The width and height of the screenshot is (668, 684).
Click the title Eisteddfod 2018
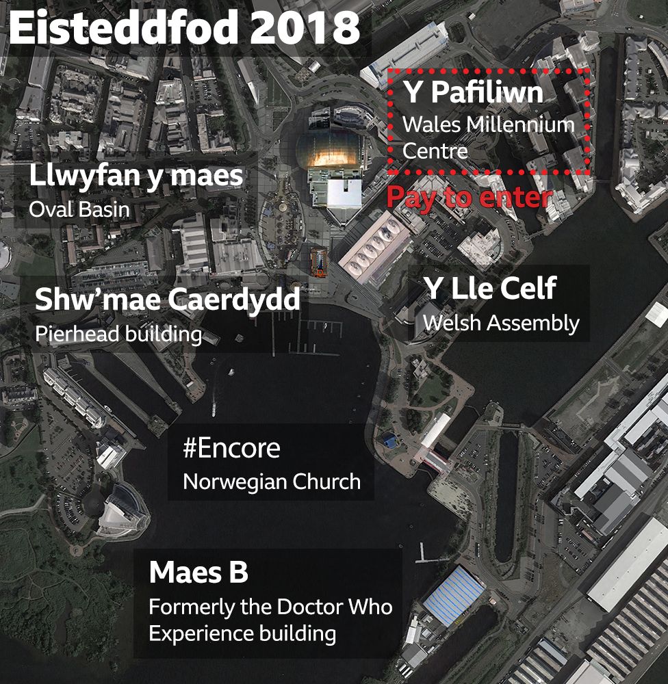185,29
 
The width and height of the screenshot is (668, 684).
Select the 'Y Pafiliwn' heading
473,92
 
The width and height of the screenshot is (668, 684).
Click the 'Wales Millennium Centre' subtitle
488,137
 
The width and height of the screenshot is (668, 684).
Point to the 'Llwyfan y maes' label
136,176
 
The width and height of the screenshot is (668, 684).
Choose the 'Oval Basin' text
79,209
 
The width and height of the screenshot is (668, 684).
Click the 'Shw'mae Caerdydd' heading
168,300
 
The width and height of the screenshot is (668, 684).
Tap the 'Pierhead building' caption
118,334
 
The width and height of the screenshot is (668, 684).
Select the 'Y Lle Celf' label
489,289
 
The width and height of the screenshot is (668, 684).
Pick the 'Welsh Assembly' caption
501,323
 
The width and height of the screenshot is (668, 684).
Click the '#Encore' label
231,449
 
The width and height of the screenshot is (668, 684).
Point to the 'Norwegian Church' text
272,482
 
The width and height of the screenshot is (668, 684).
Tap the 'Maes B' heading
198,573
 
